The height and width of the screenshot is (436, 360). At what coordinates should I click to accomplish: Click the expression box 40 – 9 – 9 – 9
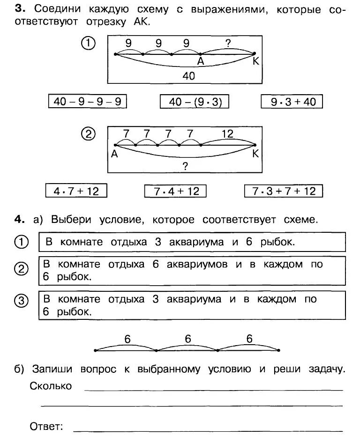tap(88, 102)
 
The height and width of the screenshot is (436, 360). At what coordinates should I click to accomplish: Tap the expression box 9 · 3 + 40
tap(292, 102)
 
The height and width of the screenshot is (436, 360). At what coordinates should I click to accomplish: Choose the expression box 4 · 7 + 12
tap(76, 191)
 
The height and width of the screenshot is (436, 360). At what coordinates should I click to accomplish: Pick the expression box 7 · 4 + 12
tap(175, 191)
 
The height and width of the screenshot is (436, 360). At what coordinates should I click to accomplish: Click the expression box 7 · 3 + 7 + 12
tap(284, 191)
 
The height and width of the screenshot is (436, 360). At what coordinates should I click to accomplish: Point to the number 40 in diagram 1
tap(188, 75)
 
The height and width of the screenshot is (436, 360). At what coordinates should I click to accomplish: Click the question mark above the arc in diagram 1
tap(228, 44)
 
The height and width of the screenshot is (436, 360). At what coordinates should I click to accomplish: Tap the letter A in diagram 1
tap(201, 61)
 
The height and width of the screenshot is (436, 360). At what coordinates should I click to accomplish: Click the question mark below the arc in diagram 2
tap(185, 166)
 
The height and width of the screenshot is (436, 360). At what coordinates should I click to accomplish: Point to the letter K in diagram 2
tap(255, 154)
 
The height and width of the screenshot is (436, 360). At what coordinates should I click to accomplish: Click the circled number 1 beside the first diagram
tap(89, 44)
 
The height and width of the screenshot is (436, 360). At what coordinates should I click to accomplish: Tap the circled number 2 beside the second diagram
tap(89, 134)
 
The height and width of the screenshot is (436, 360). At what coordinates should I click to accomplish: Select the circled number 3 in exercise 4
tap(22, 301)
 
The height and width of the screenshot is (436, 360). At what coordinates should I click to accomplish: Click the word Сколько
tap(51, 386)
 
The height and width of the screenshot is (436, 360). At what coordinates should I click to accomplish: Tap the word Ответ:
tap(46, 426)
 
